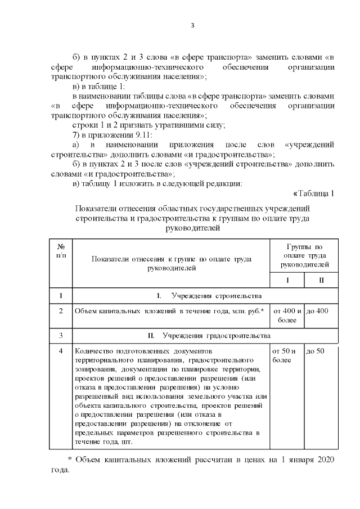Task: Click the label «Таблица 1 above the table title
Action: [x=314, y=194]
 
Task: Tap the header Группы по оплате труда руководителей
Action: [x=304, y=255]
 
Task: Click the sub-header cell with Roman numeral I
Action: [x=287, y=280]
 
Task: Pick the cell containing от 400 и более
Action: [x=287, y=316]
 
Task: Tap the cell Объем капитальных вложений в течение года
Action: [x=169, y=311]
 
